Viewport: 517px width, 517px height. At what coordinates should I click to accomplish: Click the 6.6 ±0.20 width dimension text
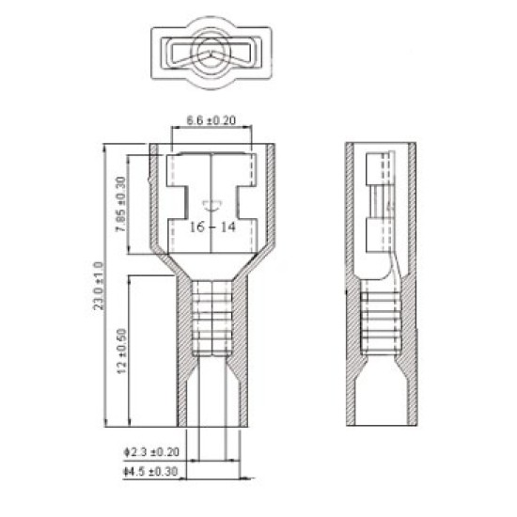click(211, 121)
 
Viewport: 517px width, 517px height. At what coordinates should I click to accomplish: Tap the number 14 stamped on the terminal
click(227, 227)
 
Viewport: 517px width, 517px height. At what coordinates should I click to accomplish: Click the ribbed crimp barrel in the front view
click(211, 325)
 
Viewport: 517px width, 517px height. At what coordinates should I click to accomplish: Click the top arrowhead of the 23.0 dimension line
click(103, 147)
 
